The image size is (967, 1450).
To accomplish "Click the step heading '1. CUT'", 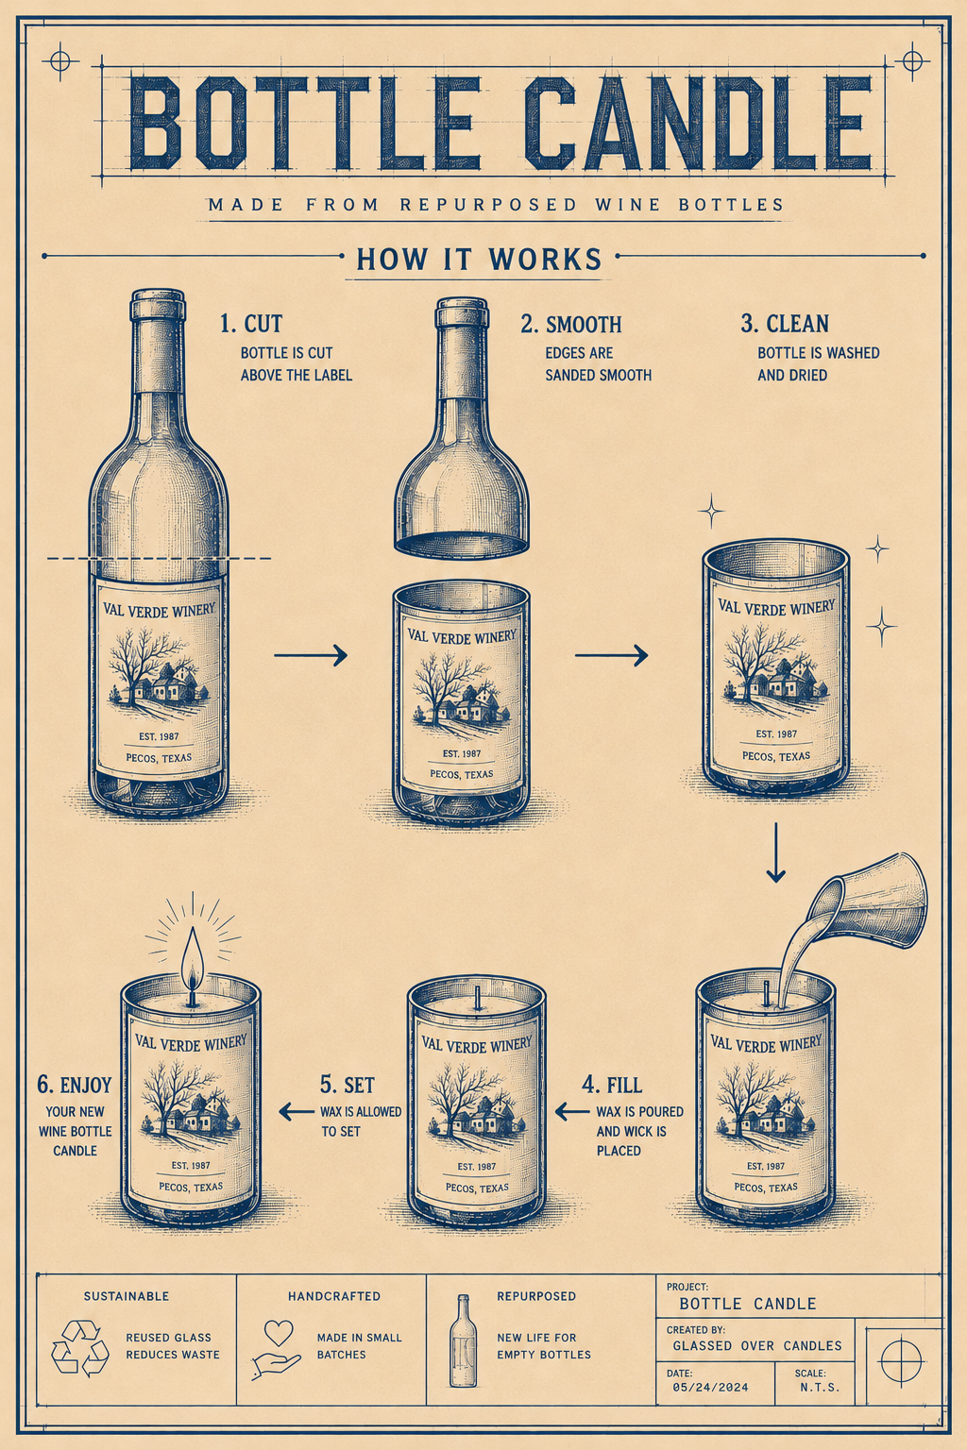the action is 250,324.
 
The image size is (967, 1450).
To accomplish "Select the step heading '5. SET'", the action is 348,1084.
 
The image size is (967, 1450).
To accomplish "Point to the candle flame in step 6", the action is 193,967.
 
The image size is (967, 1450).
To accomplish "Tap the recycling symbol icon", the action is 80,1348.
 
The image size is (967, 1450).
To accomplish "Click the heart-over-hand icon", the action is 277,1350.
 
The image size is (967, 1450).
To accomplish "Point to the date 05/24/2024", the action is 710,1387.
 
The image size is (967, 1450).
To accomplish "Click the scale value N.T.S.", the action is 820,1387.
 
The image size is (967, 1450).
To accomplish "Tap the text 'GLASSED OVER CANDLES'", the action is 757,1345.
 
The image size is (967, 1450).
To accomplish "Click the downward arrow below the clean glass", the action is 775,852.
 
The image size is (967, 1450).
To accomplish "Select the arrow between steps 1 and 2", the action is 311,655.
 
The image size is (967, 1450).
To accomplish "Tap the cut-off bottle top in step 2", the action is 461,428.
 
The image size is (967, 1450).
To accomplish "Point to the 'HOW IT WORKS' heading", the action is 480,259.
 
